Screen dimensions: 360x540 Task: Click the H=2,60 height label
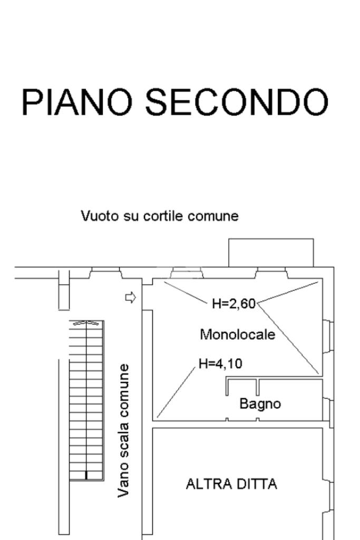[233, 304]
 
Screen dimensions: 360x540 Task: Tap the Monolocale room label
[237, 334]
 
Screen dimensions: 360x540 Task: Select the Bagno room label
[260, 404]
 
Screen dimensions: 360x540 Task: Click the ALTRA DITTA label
[231, 484]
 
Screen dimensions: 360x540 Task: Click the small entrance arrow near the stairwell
[130, 298]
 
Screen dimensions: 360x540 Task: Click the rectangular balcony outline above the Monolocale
[271, 253]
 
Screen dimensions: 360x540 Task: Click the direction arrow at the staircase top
[86, 323]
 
